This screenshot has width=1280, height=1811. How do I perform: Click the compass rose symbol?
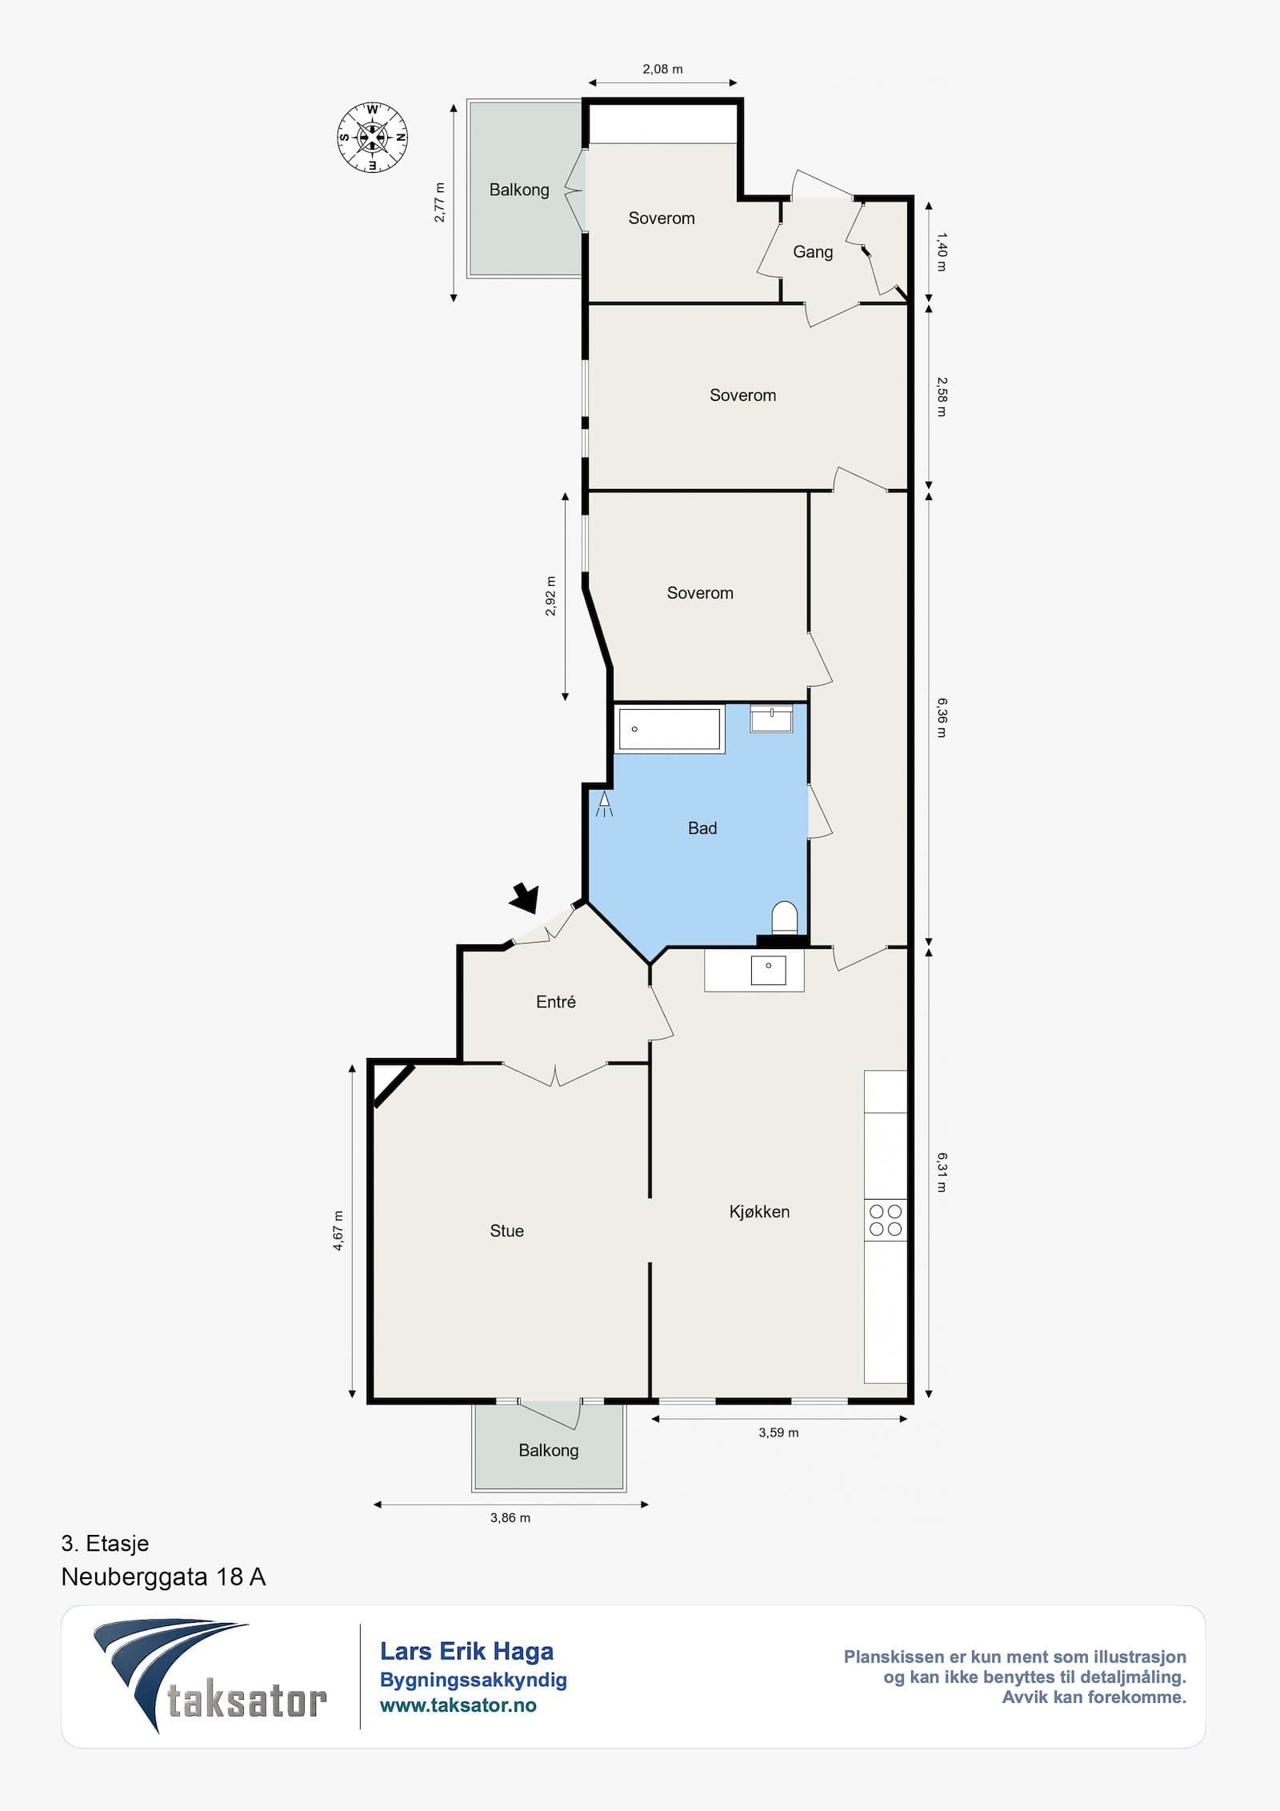373,138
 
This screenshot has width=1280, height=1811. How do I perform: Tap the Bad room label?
702,828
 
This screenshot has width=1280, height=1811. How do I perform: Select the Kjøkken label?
759,1212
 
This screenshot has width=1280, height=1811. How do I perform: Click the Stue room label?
506,1231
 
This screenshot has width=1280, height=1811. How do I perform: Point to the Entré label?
556,1002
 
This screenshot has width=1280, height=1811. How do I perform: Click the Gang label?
813,252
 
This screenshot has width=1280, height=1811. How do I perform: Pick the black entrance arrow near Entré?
525,897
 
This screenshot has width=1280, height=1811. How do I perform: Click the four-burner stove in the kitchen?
886,1220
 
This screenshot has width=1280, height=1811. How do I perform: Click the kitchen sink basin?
768,970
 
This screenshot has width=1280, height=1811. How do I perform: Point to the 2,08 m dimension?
662,70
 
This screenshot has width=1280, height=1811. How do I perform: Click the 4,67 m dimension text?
338,1231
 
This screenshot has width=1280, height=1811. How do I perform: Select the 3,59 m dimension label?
778,1432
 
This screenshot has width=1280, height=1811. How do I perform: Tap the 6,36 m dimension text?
942,718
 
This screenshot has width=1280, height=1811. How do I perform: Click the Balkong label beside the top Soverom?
519,190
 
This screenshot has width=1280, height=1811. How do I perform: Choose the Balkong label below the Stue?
548,1450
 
